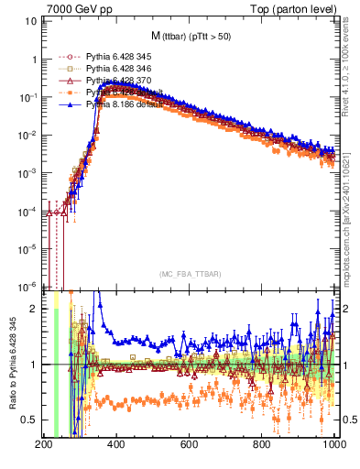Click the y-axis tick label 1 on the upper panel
34,59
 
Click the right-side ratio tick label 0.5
348,420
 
